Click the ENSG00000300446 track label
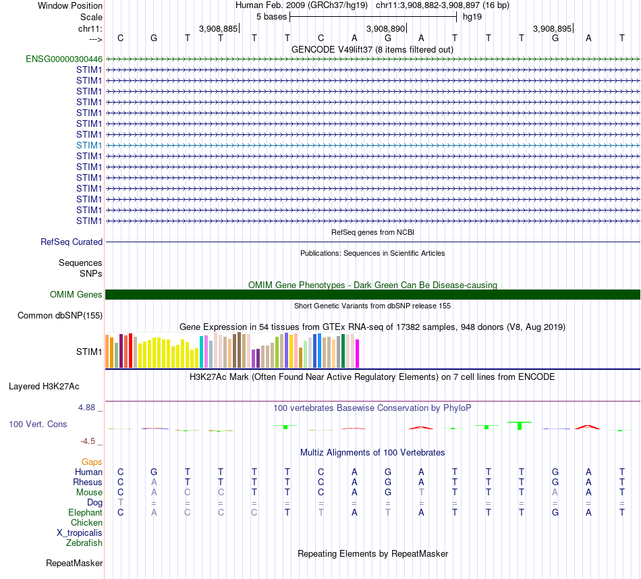coord(64,59)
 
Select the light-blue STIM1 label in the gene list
coord(89,145)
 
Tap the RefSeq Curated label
coord(72,242)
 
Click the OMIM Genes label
coord(76,294)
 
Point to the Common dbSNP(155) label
coord(60,315)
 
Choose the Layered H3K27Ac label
coord(44,387)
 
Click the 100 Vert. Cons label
coord(38,424)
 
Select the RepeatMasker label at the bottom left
coord(74,563)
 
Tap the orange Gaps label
coord(92,462)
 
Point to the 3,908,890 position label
coord(386,28)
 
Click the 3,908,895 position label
coord(553,28)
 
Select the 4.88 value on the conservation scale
coord(88,408)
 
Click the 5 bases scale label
coord(271,16)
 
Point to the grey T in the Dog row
coord(120,502)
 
